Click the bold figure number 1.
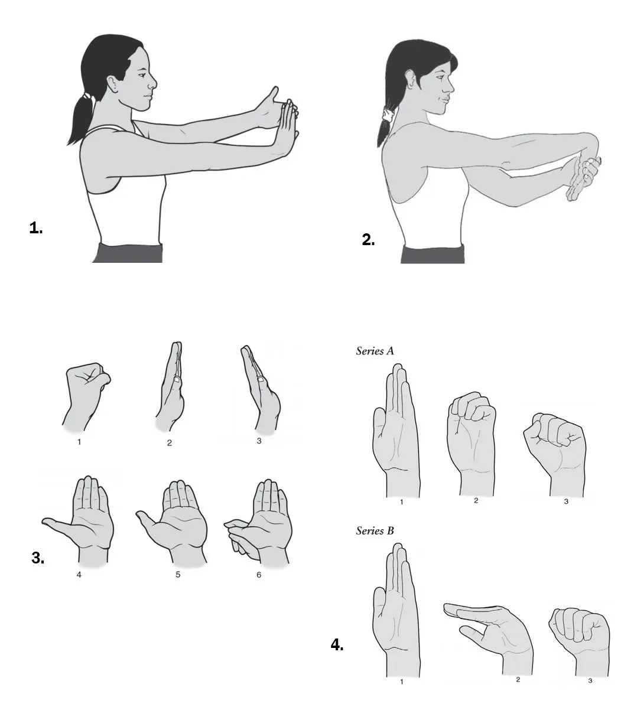tap(36, 228)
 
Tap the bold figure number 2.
tap(368, 240)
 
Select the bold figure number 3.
tap(38, 558)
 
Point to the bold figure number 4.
tap(337, 645)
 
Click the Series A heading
tap(375, 351)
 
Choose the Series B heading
tap(375, 531)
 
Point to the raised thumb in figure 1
tap(272, 96)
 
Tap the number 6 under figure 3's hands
tap(259, 575)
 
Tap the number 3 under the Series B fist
tap(590, 681)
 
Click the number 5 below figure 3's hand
tap(178, 575)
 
